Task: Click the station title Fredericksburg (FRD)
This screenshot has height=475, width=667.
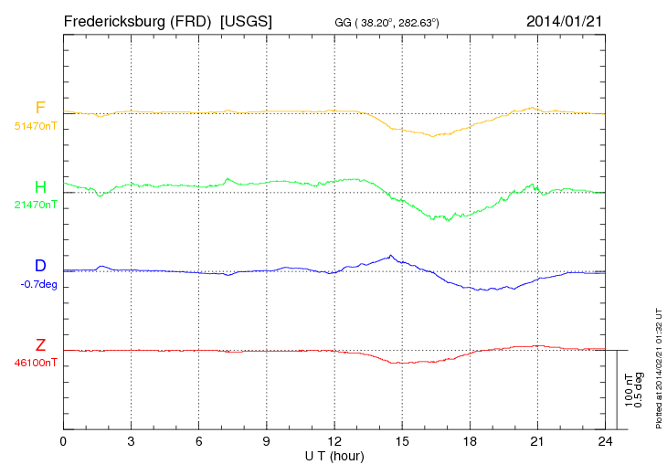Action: (x=138, y=20)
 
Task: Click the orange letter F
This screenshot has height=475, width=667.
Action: (x=40, y=109)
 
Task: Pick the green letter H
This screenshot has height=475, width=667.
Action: (x=40, y=187)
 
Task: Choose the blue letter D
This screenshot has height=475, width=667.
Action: (x=40, y=266)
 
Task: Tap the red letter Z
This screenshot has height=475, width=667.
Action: (x=40, y=345)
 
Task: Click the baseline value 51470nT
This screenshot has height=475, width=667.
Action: (x=36, y=126)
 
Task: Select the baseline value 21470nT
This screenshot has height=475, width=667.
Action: (x=36, y=205)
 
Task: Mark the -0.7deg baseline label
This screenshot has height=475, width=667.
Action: (x=37, y=284)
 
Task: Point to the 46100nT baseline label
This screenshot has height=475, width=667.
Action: (x=36, y=363)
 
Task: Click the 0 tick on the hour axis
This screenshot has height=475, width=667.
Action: (x=63, y=442)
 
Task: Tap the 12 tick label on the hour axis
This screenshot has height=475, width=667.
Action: (x=334, y=442)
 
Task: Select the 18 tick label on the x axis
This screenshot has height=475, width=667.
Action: (x=470, y=442)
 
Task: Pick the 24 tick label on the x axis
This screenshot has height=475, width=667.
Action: (x=605, y=442)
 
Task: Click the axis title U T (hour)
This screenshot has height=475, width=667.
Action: (x=334, y=456)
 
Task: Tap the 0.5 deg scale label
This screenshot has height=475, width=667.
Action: (x=640, y=390)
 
